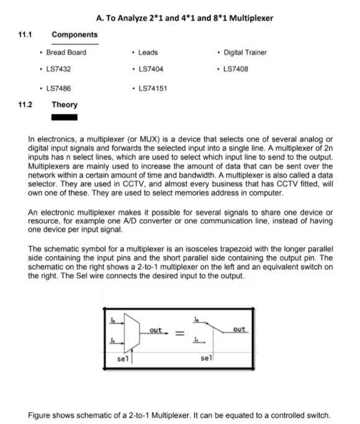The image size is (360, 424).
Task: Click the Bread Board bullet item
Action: point(66,52)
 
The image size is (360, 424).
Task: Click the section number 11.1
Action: point(25,34)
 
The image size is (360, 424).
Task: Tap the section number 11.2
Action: point(25,104)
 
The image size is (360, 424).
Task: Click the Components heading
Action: point(74,34)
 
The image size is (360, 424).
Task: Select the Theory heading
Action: point(64,104)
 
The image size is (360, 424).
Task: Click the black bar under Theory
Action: point(65,116)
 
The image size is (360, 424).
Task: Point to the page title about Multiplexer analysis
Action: point(185,18)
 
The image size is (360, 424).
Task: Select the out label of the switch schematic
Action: point(240,329)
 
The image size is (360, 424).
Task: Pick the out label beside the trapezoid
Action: point(156,330)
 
